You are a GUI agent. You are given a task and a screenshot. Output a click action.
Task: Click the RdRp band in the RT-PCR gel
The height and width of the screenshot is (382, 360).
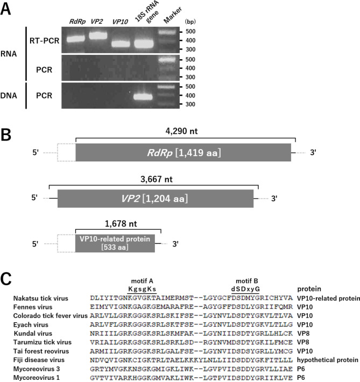tap(76, 39)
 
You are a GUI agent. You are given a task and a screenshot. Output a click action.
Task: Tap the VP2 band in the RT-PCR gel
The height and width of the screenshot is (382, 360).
tap(98, 36)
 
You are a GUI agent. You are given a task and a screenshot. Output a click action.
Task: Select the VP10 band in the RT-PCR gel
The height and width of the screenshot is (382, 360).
tap(121, 44)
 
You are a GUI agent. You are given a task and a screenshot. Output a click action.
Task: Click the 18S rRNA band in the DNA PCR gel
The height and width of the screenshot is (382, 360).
tap(143, 97)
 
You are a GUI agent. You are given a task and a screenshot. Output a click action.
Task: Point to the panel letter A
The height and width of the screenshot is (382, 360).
tap(5, 9)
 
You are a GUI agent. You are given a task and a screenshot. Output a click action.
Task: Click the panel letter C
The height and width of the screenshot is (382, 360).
tap(6, 279)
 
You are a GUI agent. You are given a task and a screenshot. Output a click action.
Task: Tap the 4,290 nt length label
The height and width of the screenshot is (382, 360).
tap(181, 131)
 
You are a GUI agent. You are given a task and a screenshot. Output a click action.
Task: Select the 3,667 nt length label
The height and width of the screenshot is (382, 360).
tap(157, 179)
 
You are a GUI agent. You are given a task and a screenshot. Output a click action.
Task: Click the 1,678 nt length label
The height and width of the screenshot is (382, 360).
tap(121, 224)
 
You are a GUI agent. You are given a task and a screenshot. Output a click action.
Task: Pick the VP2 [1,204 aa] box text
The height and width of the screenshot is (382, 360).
tap(155, 199)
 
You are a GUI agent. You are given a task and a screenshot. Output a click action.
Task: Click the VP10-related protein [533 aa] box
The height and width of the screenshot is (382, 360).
tap(115, 243)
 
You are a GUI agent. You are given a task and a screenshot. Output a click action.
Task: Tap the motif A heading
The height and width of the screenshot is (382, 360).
tap(142, 281)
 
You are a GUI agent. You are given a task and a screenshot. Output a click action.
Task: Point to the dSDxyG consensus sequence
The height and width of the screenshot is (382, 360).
tap(245, 289)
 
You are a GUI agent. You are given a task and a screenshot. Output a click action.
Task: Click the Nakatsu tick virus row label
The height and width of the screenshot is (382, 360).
tap(41, 299)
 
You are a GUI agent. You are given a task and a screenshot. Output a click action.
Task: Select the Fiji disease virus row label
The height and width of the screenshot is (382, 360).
tap(39, 360)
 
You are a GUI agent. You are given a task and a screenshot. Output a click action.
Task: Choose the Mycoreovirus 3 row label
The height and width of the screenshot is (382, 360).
tap(37, 369)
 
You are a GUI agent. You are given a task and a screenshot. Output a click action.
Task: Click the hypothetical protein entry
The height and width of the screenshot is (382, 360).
tap(328, 360)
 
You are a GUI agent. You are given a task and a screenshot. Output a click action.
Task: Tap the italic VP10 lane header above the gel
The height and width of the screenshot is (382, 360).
tap(120, 22)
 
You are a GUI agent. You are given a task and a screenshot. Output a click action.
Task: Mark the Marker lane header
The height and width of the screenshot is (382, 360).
tap(172, 15)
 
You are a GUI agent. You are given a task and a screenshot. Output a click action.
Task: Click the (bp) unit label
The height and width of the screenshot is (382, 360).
tap(190, 22)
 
